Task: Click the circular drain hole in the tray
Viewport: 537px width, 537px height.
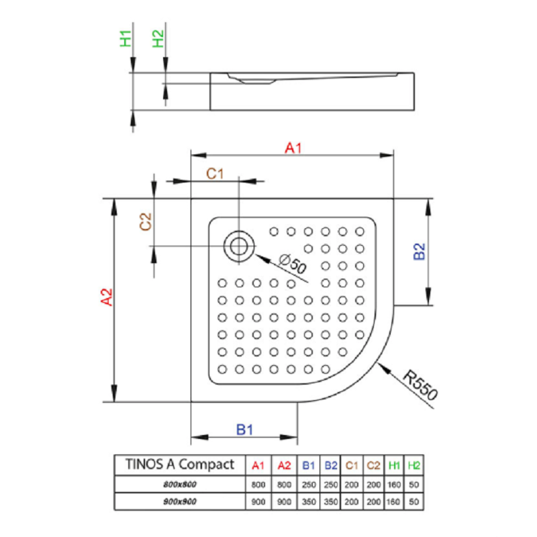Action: (238, 246)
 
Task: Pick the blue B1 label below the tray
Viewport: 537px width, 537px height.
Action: (244, 430)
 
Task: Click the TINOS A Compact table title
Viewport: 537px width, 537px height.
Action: (180, 464)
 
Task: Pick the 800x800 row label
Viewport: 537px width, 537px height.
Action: (180, 484)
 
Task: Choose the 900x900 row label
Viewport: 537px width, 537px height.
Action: (180, 501)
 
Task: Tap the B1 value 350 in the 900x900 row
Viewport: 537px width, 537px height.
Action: (309, 501)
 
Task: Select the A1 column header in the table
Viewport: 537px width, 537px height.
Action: (258, 465)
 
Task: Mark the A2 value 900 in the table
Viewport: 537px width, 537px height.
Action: (284, 501)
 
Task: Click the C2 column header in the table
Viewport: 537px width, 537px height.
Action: (373, 465)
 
